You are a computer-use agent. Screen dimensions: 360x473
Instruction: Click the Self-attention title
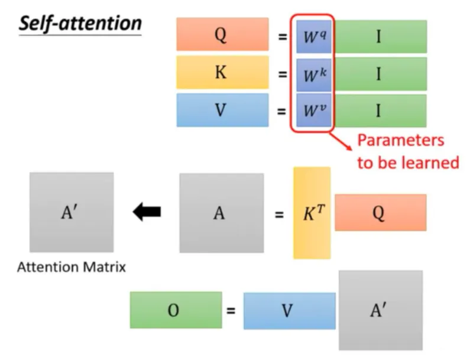tap(80, 24)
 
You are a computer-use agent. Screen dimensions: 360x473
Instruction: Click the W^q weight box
tap(314, 37)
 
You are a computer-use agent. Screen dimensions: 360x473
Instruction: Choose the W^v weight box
tap(314, 110)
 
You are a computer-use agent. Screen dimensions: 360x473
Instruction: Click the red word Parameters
tap(400, 141)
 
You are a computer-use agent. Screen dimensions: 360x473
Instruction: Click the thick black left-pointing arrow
tap(146, 212)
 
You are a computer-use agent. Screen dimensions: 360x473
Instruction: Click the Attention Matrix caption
tap(72, 267)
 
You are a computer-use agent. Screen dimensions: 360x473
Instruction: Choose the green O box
tap(176, 310)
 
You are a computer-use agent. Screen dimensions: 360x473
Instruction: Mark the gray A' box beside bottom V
tap(380, 310)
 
